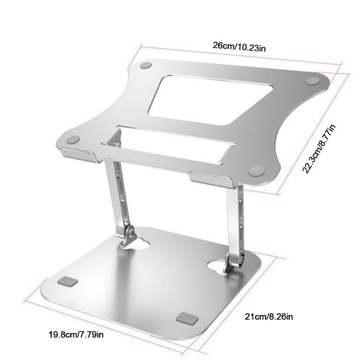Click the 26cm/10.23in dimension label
(x=239, y=46)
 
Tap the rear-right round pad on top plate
(x=311, y=81)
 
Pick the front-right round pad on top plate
(x=256, y=171)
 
